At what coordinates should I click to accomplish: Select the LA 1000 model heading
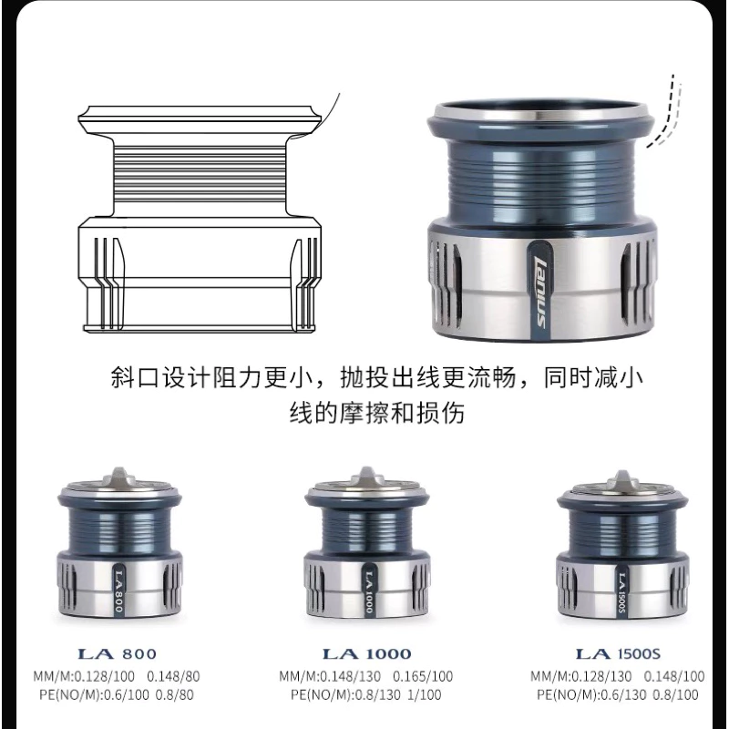[366, 653]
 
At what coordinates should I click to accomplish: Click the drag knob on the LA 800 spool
[121, 475]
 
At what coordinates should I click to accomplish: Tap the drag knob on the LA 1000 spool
[367, 475]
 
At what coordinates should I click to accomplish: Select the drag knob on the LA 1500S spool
[621, 477]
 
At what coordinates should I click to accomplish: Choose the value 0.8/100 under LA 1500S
[674, 694]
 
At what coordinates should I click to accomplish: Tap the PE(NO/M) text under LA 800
[60, 694]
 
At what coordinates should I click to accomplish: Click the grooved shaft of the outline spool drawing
[199, 173]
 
